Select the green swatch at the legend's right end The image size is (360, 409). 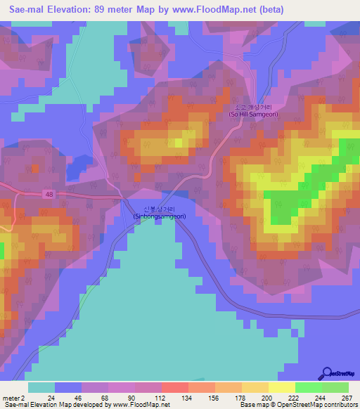[x=335, y=387]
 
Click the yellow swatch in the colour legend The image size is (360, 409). [x=282, y=387]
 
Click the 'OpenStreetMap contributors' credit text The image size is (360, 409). [x=320, y=405]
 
